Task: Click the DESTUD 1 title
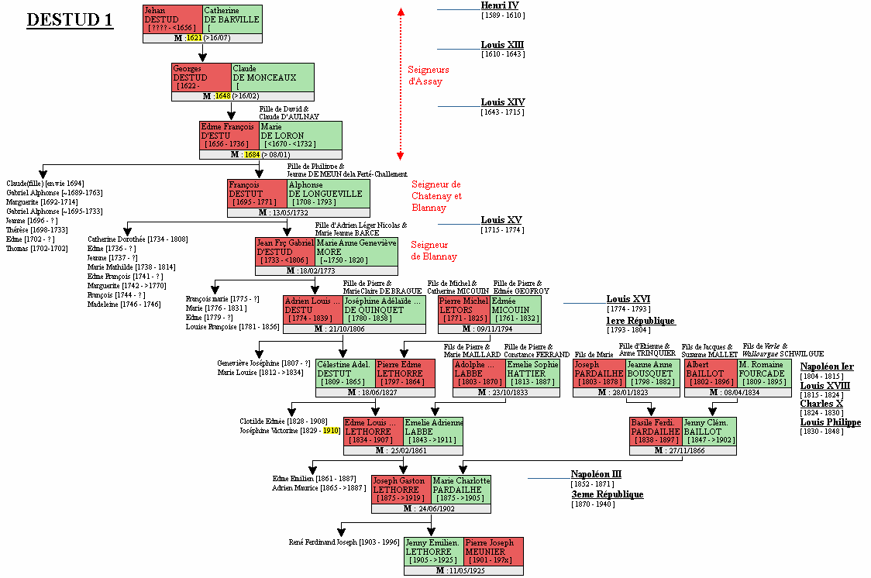click(70, 20)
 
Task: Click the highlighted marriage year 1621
click(194, 38)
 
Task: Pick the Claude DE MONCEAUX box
click(273, 77)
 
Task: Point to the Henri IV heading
click(500, 6)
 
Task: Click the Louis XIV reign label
click(502, 102)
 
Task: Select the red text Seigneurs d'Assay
click(429, 75)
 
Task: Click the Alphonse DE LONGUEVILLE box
click(329, 194)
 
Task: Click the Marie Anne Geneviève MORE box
click(356, 252)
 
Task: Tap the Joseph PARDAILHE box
click(598, 373)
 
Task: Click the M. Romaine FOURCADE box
click(763, 373)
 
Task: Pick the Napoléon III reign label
click(596, 475)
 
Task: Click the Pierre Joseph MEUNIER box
click(494, 552)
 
